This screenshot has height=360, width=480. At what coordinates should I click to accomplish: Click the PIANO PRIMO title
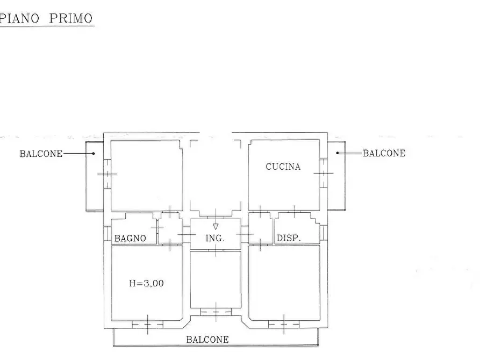pyautogui.click(x=47, y=18)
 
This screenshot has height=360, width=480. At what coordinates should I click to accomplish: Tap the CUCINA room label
pyautogui.click(x=283, y=167)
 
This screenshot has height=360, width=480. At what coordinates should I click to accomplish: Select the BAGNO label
pyautogui.click(x=130, y=238)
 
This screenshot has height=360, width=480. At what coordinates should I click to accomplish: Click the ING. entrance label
pyautogui.click(x=215, y=238)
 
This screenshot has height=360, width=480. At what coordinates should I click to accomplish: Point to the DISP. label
pyautogui.click(x=289, y=238)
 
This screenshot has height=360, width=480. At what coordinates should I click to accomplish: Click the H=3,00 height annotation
pyautogui.click(x=146, y=283)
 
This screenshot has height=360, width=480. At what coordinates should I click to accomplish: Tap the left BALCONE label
pyautogui.click(x=41, y=154)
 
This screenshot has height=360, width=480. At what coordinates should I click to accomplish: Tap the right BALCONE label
pyautogui.click(x=384, y=153)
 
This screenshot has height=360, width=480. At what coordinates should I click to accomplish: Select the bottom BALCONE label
pyautogui.click(x=207, y=340)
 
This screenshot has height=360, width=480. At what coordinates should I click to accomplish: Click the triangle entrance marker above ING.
pyautogui.click(x=216, y=227)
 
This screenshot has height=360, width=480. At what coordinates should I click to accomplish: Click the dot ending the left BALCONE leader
pyautogui.click(x=93, y=154)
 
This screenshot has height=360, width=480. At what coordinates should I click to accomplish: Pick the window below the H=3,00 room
pyautogui.click(x=147, y=324)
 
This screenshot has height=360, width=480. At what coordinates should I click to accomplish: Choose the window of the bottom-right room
pyautogui.click(x=284, y=324)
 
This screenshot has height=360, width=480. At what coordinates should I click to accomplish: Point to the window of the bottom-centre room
pyautogui.click(x=215, y=311)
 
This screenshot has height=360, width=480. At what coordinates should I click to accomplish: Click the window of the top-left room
pyautogui.click(x=107, y=174)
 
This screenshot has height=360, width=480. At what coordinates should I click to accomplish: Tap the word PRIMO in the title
pyautogui.click(x=71, y=18)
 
